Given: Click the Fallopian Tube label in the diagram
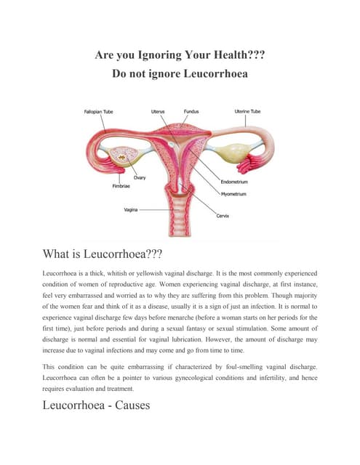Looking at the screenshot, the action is click(98, 111).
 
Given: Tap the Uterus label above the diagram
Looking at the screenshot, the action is click(158, 111).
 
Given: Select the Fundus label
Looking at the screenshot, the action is click(192, 111).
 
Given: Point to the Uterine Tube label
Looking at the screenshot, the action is click(248, 111).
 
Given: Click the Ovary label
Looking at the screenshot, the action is click(139, 177).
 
